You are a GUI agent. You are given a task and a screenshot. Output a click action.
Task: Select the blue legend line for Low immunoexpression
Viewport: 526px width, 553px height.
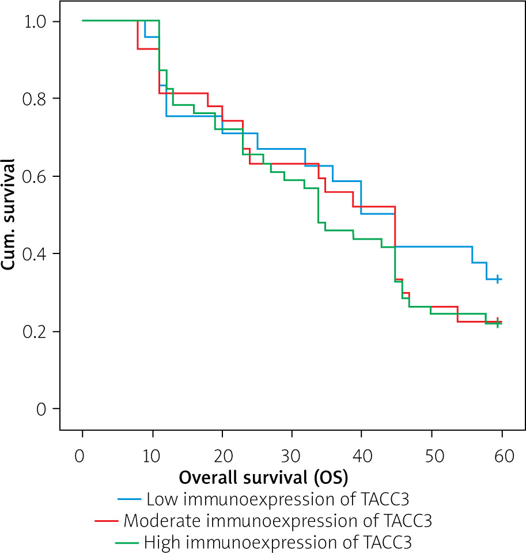click(129, 499)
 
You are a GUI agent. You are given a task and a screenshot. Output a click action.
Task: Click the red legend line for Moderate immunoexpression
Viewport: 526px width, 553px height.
click(106, 521)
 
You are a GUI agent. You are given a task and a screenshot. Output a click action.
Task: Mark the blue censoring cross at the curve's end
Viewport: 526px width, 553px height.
click(498, 279)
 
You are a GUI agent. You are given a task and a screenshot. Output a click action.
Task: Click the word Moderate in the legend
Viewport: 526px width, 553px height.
click(157, 521)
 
